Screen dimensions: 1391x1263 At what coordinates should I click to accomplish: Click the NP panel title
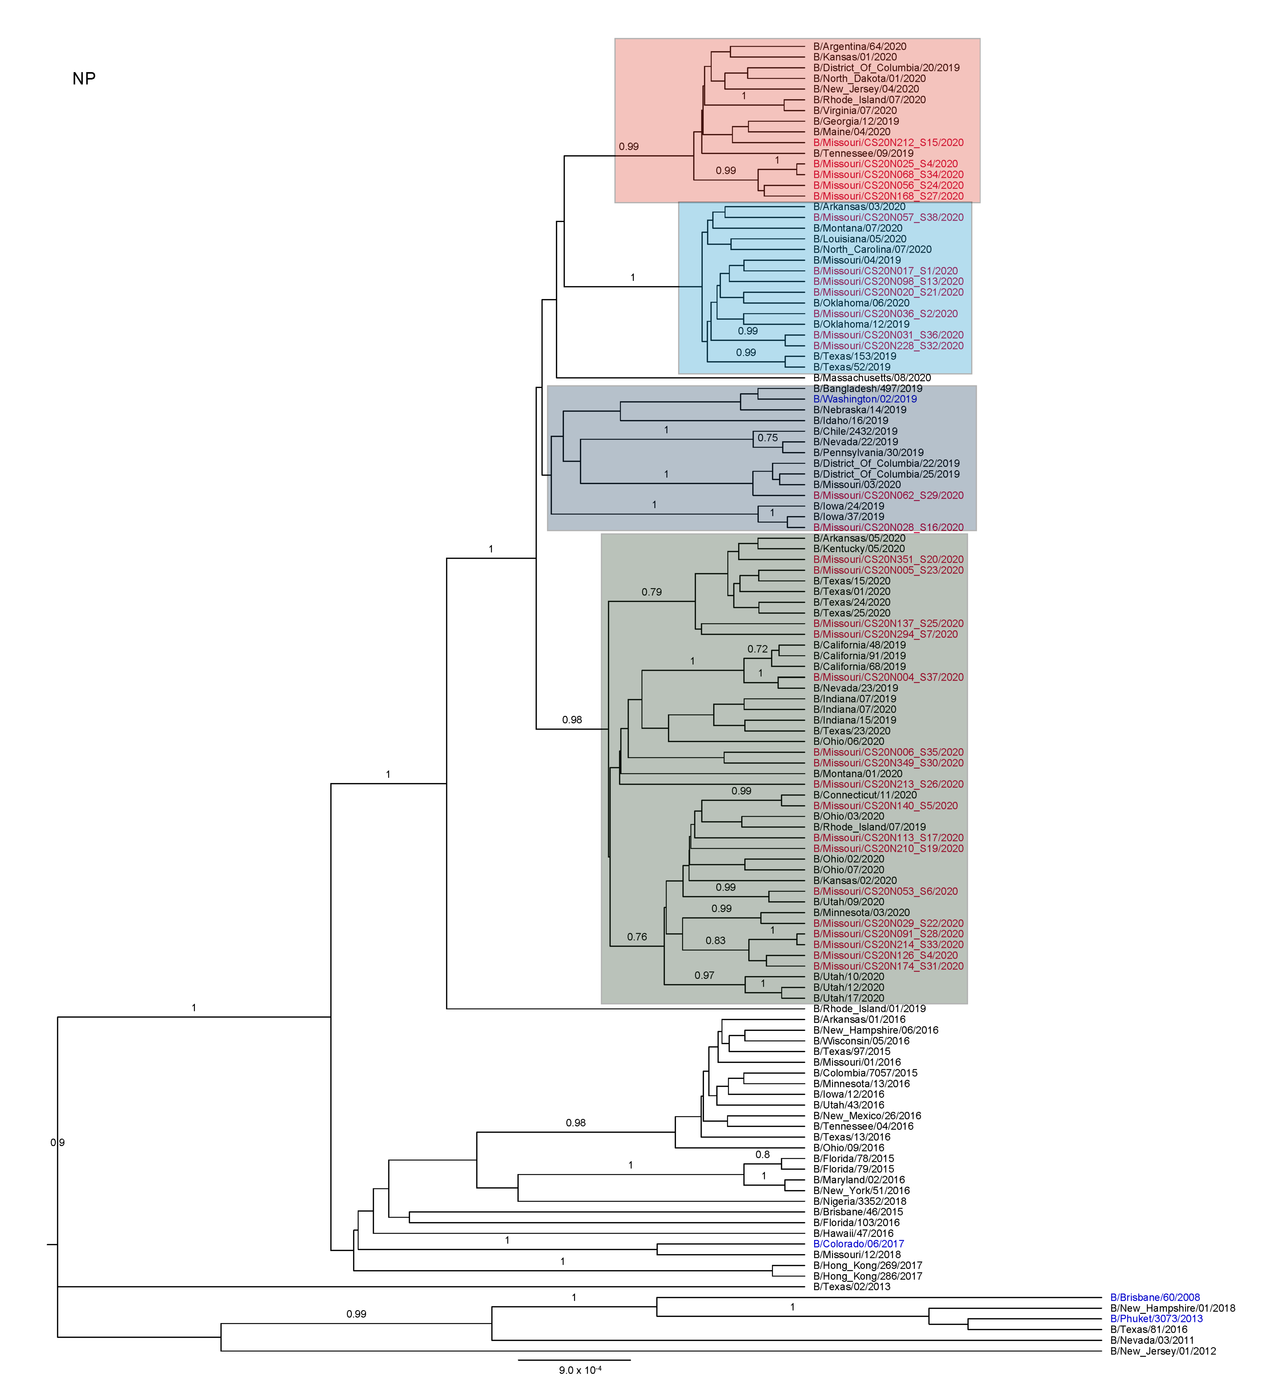pos(83,79)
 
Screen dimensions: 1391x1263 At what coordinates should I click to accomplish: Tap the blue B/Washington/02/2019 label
pos(865,399)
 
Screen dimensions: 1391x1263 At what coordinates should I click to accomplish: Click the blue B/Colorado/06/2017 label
pos(858,1244)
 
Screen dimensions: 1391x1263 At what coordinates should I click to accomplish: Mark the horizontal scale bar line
pos(574,1360)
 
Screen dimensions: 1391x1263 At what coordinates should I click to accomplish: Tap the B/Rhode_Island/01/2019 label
pos(869,1009)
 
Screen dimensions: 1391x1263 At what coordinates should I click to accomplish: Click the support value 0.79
pos(651,592)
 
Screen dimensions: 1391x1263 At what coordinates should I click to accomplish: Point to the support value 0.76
pos(637,937)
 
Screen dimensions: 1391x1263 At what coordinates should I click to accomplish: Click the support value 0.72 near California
pos(757,649)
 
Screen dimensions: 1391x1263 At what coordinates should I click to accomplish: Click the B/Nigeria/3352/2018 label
pos(859,1201)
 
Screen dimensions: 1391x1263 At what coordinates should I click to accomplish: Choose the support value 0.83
pos(715,940)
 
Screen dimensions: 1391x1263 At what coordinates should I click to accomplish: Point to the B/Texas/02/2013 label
pos(851,1287)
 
